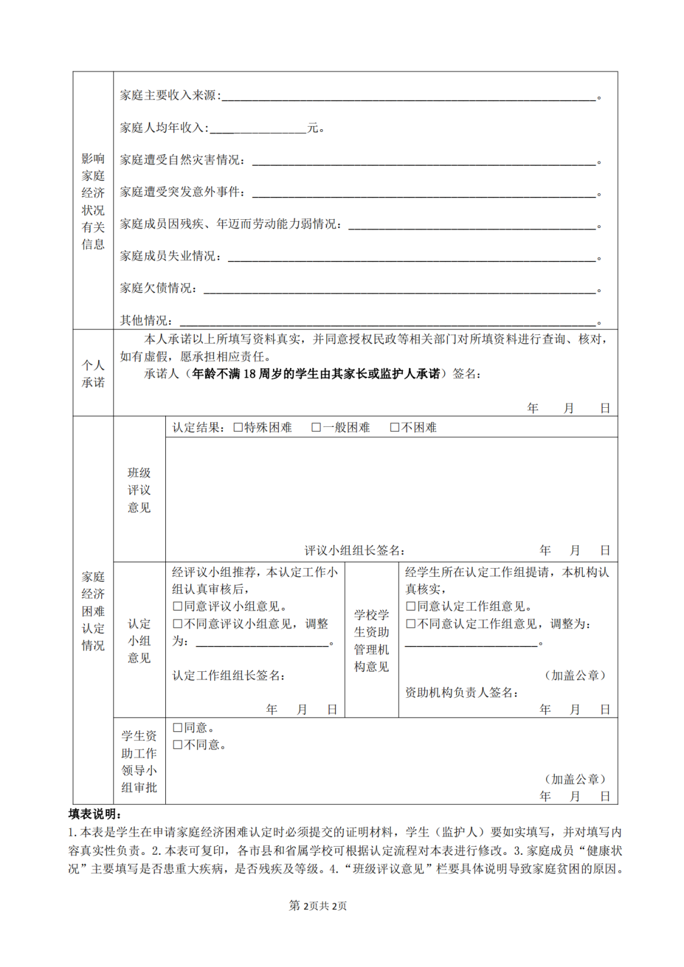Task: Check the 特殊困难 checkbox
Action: click(239, 427)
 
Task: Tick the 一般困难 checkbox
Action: click(317, 427)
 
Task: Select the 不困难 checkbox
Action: click(395, 427)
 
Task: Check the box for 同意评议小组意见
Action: click(178, 607)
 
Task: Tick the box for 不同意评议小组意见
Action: click(178, 624)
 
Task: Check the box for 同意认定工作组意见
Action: click(411, 607)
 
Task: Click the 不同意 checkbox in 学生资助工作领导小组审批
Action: click(178, 745)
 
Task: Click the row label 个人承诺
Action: click(93, 374)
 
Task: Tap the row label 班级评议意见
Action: click(139, 490)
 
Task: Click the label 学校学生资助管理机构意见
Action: click(372, 640)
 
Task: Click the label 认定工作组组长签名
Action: click(229, 676)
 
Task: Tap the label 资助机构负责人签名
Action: click(462, 693)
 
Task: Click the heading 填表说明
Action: click(95, 814)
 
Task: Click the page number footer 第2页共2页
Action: click(318, 906)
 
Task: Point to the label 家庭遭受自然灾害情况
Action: click(183, 160)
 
